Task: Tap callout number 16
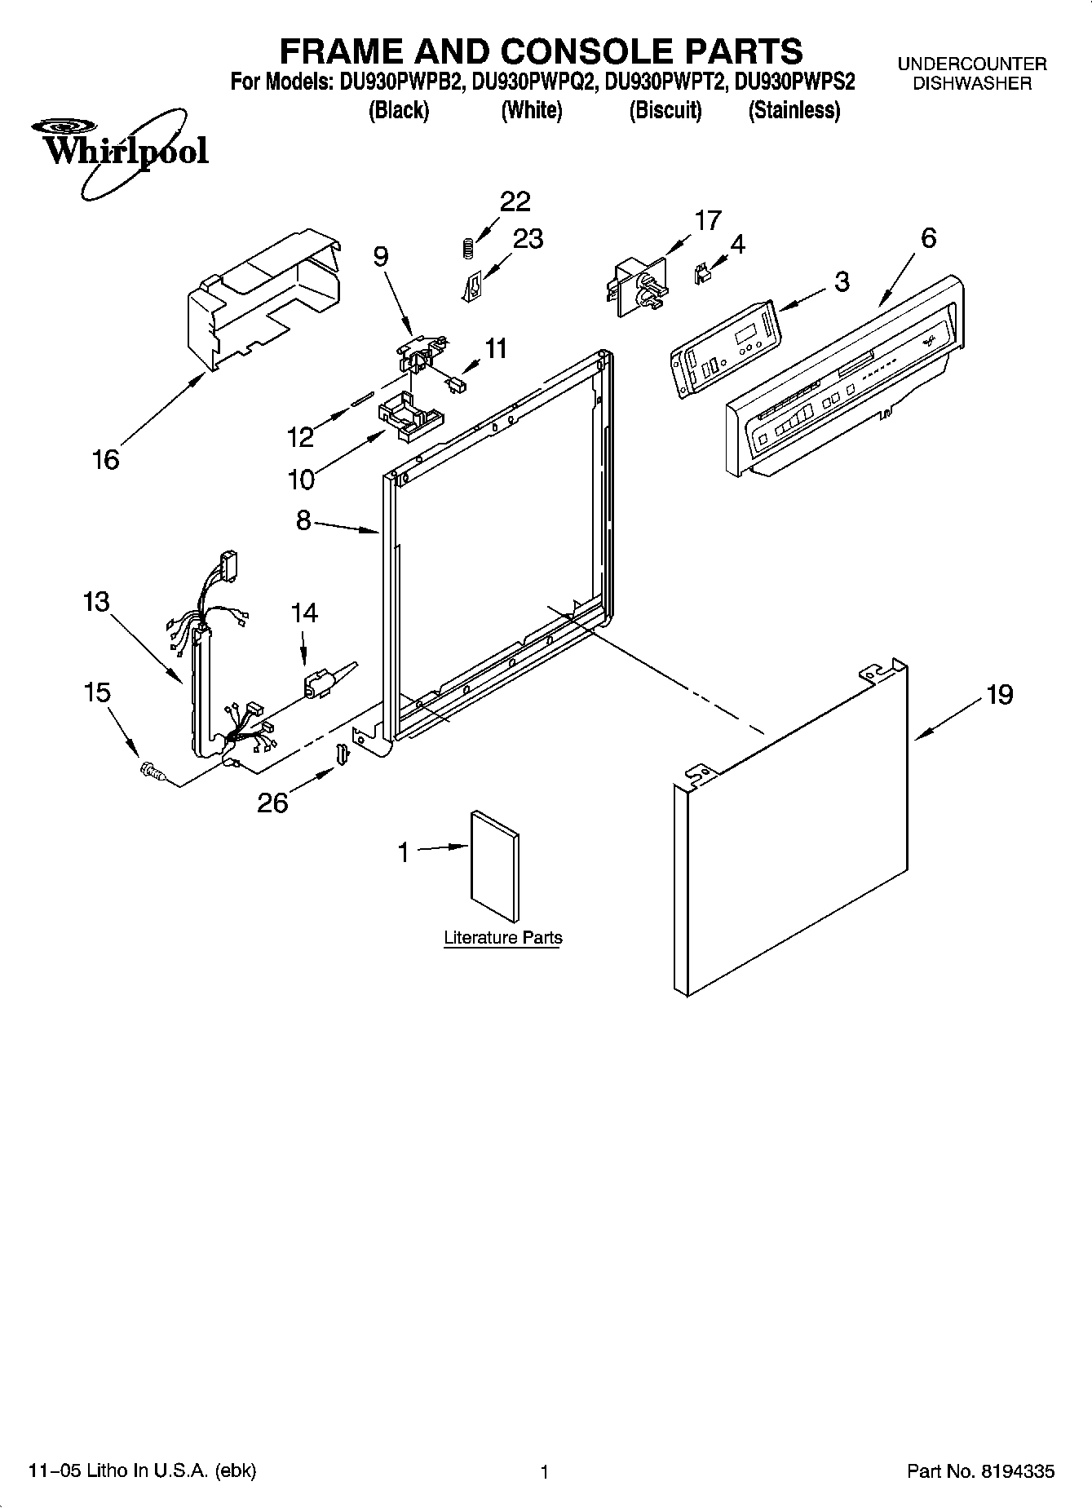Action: [x=106, y=460]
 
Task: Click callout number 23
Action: [x=528, y=238]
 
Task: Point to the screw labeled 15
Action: [x=151, y=769]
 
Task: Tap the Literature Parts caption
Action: [x=502, y=938]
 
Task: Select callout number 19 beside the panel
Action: [x=999, y=695]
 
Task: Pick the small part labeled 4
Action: [x=701, y=273]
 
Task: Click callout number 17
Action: [x=708, y=220]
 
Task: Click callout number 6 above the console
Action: [x=928, y=238]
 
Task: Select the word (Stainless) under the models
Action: [x=794, y=111]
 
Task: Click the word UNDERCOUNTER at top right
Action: [x=972, y=64]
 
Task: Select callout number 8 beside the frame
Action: [x=303, y=520]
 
